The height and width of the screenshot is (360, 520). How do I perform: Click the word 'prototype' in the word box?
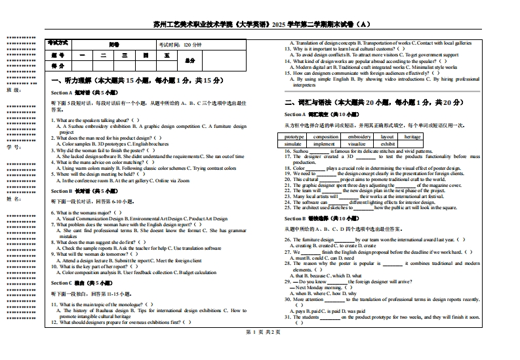point(295,137)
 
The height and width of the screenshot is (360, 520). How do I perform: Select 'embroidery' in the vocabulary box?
point(359,137)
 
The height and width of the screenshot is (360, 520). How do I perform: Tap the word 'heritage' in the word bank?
point(412,137)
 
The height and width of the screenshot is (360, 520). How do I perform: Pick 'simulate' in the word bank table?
point(294,144)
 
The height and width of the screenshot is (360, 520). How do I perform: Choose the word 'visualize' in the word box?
point(357,144)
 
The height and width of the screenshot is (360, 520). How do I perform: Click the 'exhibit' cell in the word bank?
point(388,144)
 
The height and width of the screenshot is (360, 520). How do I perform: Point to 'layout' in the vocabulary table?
point(388,137)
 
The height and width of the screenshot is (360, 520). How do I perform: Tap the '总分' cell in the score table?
point(190,60)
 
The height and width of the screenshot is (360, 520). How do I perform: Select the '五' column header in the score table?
point(167,56)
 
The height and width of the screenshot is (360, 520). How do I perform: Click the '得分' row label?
point(58,66)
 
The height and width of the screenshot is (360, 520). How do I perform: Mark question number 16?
point(287,151)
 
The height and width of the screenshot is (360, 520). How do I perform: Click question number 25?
point(287,208)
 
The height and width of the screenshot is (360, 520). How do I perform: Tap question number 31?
point(287,317)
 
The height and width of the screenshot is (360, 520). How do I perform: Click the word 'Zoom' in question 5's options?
point(184,180)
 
